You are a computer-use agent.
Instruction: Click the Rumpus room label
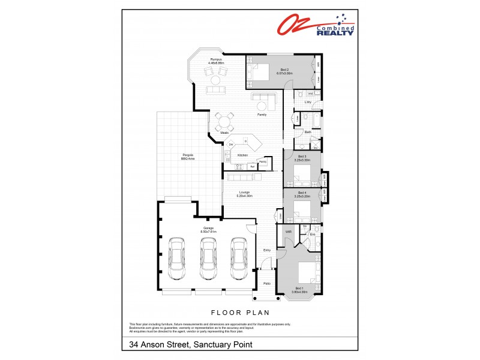pyautogui.click(x=216, y=59)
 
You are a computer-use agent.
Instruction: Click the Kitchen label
pyautogui.click(x=242, y=155)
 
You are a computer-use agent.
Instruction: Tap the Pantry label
pyautogui.click(x=262, y=161)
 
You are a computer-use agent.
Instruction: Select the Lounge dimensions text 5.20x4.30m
pyautogui.click(x=243, y=196)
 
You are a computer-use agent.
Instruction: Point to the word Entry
pyautogui.click(x=267, y=250)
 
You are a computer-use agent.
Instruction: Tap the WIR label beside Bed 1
pyautogui.click(x=288, y=232)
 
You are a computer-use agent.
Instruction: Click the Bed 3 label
pyautogui.click(x=302, y=157)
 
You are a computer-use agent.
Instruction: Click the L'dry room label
pyautogui.click(x=308, y=102)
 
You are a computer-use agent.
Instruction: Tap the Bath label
pyautogui.click(x=308, y=132)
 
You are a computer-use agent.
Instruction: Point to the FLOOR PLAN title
pyautogui.click(x=240, y=312)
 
